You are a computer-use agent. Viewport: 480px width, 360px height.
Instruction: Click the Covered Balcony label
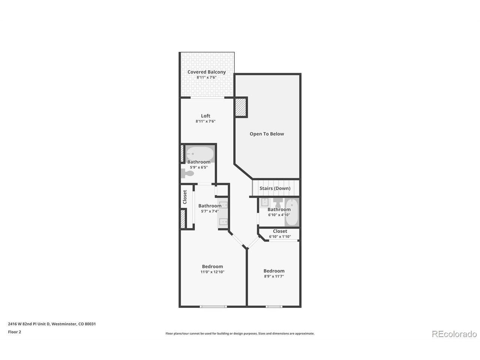206,72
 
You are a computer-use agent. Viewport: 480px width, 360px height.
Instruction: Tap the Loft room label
205,116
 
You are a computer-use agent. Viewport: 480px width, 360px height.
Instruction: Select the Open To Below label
267,134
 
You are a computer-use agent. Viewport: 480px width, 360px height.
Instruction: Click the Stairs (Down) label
275,188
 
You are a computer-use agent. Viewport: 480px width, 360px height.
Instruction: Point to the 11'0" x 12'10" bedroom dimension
212,272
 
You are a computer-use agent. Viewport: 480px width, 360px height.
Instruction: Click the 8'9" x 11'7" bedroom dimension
274,276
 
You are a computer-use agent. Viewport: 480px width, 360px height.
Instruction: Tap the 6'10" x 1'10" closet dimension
280,237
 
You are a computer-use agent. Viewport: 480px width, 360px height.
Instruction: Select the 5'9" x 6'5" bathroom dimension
198,167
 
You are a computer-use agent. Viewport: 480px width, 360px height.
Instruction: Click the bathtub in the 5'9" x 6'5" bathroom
200,153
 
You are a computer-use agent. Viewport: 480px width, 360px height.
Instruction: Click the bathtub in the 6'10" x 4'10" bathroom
292,212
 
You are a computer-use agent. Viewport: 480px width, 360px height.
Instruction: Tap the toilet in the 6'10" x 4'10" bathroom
278,202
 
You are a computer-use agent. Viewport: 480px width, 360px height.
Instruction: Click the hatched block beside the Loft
241,107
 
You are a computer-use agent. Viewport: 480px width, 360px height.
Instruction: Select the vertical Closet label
185,197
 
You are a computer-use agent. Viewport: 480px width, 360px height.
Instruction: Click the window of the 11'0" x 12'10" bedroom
213,307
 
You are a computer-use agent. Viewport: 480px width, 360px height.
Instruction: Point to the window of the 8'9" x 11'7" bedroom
274,307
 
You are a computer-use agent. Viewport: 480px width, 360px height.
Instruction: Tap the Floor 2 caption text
14,332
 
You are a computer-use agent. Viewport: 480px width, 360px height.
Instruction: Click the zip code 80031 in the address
90,324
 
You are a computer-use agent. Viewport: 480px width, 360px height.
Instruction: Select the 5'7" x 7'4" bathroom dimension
210,211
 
